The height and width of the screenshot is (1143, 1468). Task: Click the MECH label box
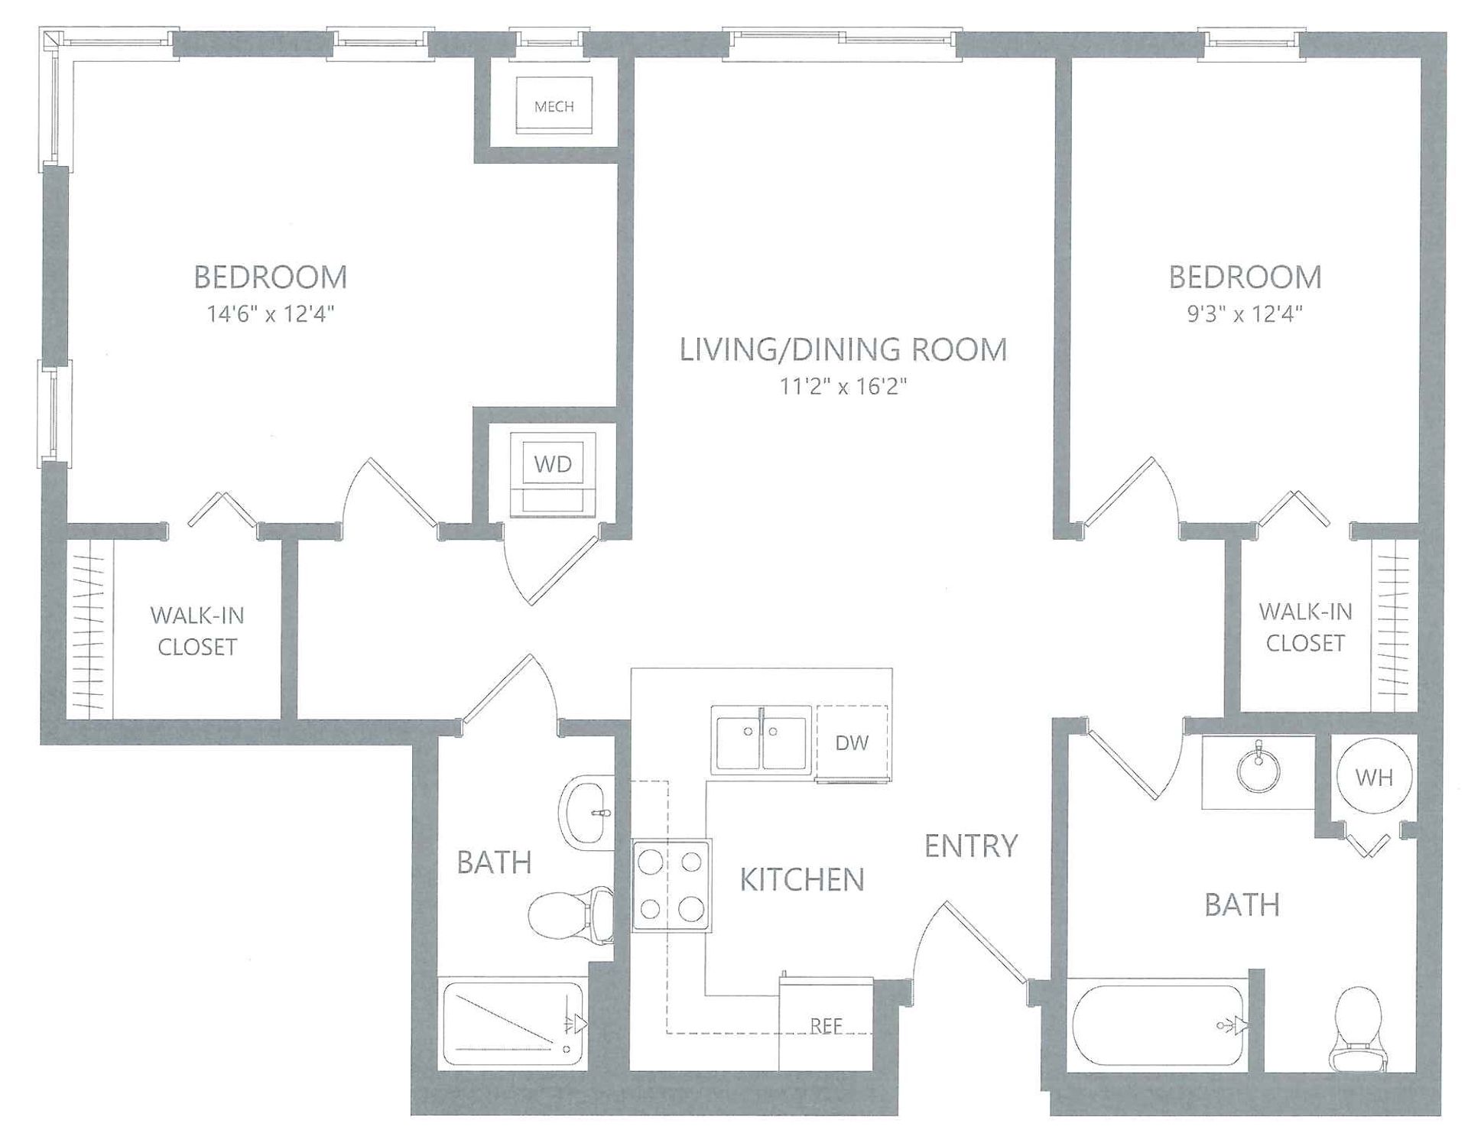[x=554, y=106]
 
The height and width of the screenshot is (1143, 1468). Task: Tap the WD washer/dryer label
[x=553, y=463]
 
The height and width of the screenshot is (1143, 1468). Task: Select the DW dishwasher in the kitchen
[x=852, y=742]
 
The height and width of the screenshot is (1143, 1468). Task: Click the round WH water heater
[x=1374, y=778]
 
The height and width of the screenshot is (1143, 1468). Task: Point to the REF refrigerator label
[x=826, y=1026]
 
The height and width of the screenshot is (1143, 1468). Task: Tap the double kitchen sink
[x=761, y=740]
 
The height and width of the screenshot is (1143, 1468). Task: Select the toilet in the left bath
[x=571, y=916]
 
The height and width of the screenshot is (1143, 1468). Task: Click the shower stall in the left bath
[x=513, y=1024]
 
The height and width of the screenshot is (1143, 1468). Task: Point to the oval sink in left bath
[x=586, y=813]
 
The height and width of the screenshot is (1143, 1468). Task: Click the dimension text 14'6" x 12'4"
[x=271, y=313]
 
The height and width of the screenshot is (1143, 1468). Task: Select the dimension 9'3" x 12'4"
[x=1245, y=313]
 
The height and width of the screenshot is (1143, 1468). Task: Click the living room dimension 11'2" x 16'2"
[x=843, y=386]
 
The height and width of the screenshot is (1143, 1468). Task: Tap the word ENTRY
[x=971, y=846]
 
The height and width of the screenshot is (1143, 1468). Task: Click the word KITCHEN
[x=802, y=880]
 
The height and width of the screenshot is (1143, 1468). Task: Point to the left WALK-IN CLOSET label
[x=197, y=631]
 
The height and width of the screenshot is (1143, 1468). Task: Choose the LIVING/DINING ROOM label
[x=843, y=349]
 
